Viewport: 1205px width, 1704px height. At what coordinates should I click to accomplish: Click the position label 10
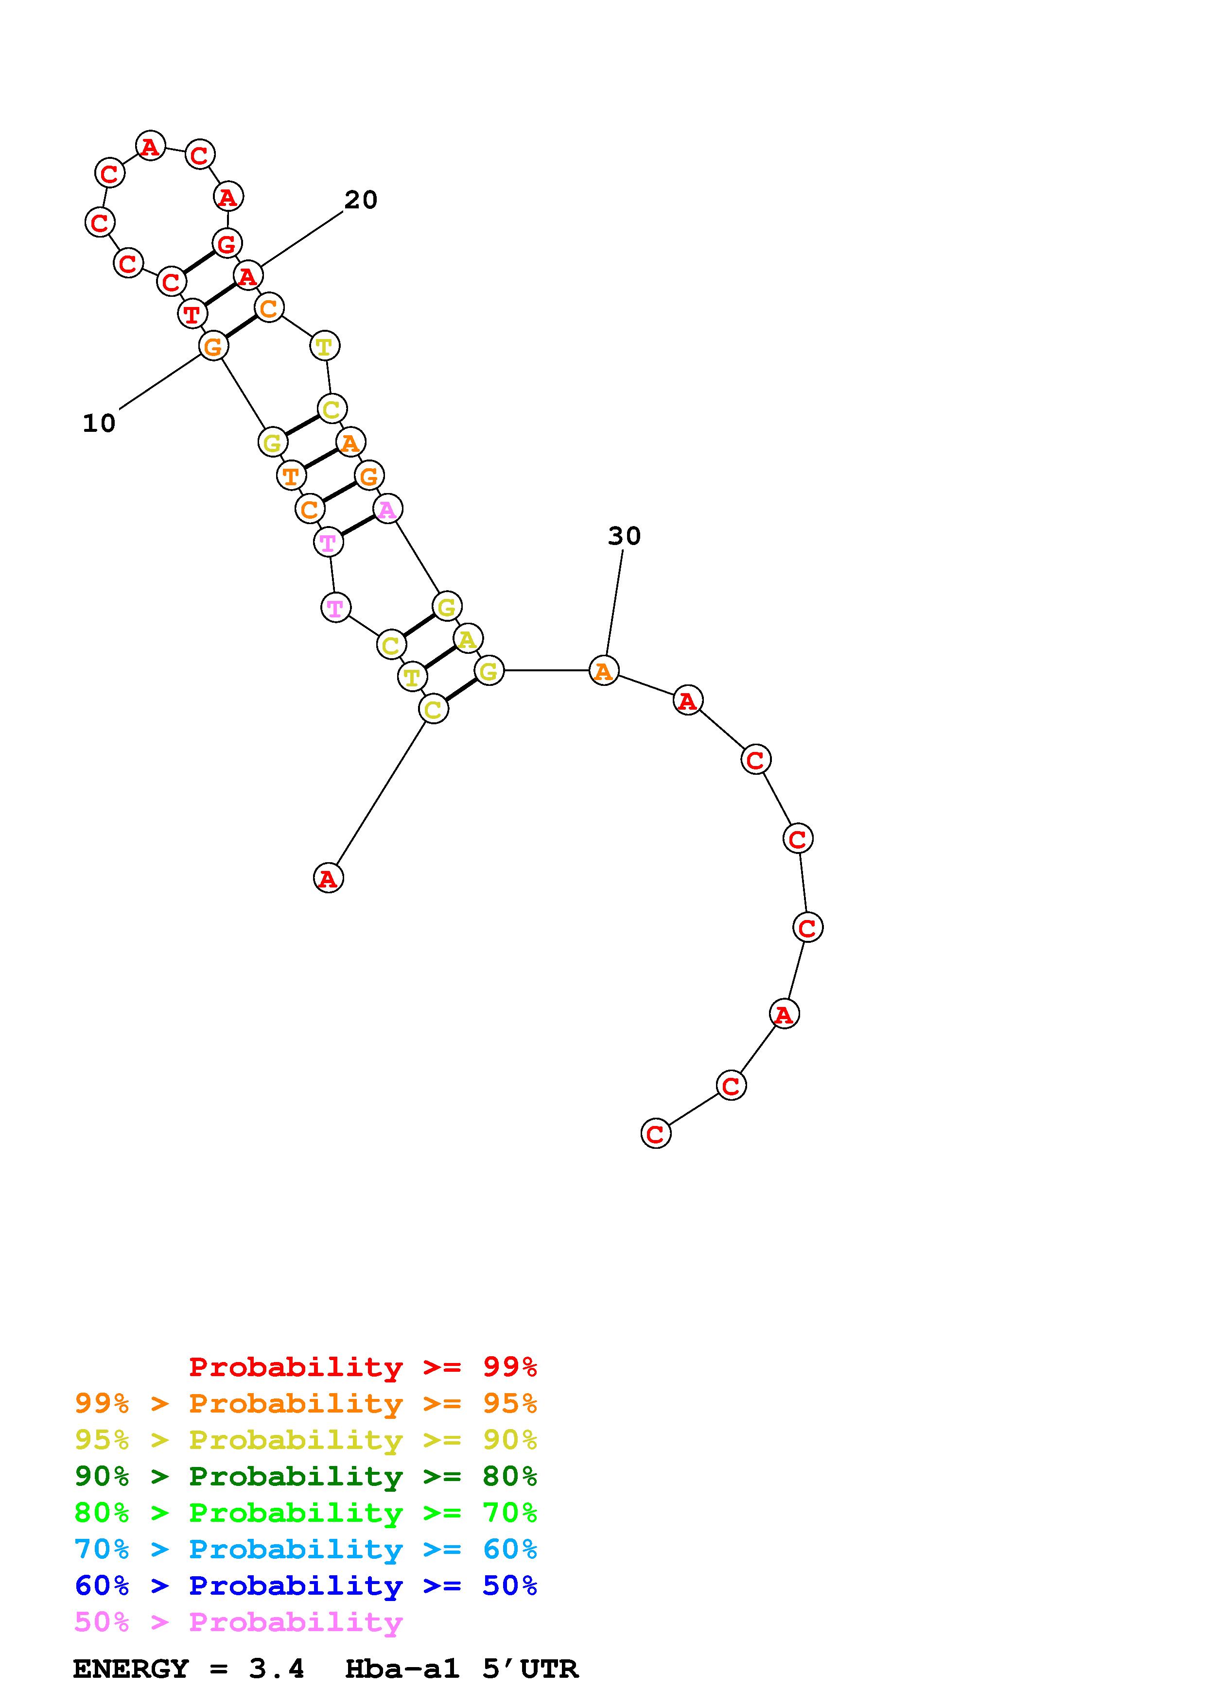tap(99, 423)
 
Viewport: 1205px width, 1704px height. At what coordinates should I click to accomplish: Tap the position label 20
tap(361, 200)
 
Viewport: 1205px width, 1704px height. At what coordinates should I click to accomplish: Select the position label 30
tap(624, 536)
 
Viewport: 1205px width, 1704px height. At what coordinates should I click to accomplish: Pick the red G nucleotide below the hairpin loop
tap(227, 243)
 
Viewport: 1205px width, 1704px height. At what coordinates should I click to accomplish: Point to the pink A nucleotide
tap(387, 509)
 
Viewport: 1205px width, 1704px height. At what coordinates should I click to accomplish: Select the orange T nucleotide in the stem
tap(291, 475)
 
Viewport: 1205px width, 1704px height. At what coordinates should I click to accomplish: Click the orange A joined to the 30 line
tap(604, 671)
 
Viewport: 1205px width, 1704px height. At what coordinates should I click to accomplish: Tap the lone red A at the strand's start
tap(328, 878)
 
